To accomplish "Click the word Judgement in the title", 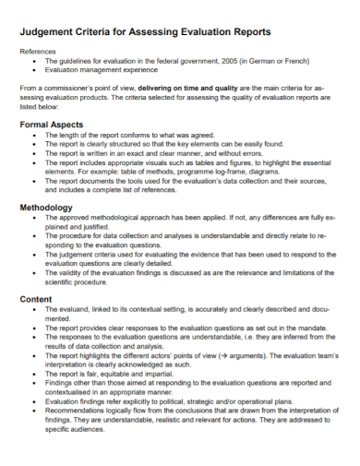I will [49, 31].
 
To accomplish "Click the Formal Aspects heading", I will [54, 124].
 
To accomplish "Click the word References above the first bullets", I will [39, 52].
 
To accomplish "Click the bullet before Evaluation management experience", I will [34, 68].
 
